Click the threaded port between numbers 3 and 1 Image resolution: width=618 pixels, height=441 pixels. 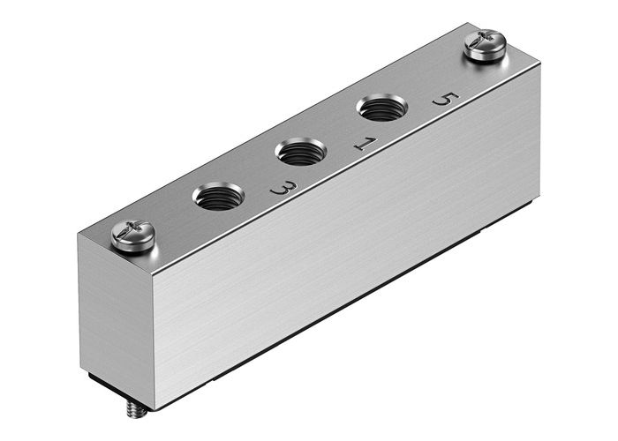(x=301, y=153)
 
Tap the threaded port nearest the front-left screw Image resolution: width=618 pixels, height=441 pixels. (x=216, y=196)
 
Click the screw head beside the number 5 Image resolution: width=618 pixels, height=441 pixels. (x=485, y=46)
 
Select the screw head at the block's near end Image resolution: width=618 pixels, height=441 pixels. (x=133, y=235)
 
